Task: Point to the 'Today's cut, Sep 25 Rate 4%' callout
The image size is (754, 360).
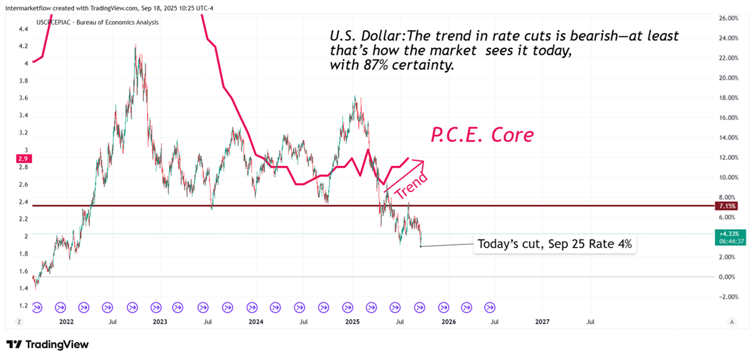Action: coord(554,244)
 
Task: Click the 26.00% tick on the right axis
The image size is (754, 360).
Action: coord(726,18)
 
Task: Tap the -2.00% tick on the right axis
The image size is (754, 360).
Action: coord(726,297)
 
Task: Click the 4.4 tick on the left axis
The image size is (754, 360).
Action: coord(23,29)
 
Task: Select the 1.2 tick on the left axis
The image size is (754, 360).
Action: coord(23,306)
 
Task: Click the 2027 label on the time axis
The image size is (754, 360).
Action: coord(542,322)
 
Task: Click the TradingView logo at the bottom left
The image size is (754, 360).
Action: coord(47,344)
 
